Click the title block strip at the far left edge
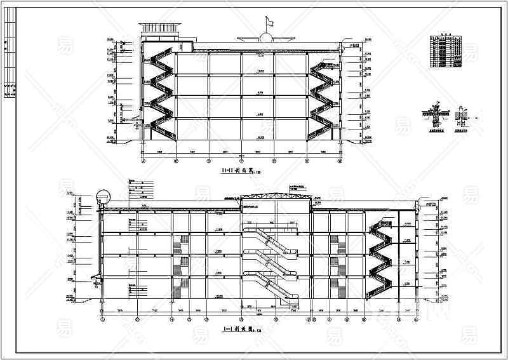coord(10,60)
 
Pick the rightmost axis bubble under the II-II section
coord(340,161)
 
